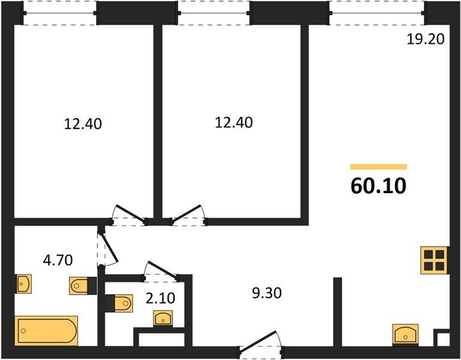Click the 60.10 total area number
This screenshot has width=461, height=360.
[378, 186]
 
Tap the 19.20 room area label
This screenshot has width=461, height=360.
[426, 39]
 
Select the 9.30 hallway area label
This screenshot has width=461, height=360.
[267, 293]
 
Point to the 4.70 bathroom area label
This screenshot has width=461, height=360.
[58, 260]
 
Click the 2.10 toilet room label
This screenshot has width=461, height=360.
[161, 298]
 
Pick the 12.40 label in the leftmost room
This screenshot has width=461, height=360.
[83, 124]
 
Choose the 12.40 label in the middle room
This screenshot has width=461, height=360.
[234, 122]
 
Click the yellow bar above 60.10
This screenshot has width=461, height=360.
[378, 167]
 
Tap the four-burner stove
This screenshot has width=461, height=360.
[434, 260]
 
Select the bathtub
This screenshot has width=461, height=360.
[46, 331]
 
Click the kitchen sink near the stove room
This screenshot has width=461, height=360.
[405, 335]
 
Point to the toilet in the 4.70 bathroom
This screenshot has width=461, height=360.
[83, 286]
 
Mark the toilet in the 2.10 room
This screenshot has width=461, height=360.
[119, 303]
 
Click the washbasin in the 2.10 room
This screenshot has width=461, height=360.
[163, 319]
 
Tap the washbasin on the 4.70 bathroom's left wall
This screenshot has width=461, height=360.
[23, 284]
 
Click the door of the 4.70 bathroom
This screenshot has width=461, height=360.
[107, 249]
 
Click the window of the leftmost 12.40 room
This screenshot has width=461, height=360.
[60, 13]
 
